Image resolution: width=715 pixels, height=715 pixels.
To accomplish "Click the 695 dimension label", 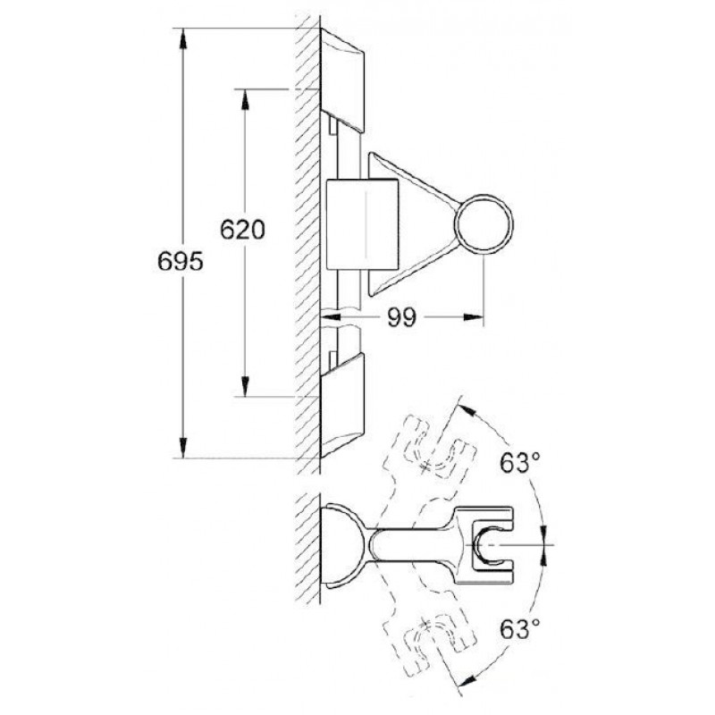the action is (181, 262).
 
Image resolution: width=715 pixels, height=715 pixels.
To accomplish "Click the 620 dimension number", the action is (242, 230).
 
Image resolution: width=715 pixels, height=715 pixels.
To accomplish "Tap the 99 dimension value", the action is (401, 317).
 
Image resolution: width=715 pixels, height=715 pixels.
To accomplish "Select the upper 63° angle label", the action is (520, 463).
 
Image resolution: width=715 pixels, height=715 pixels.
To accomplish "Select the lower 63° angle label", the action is (520, 629).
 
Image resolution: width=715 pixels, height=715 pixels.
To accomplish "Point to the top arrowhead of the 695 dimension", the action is (183, 38).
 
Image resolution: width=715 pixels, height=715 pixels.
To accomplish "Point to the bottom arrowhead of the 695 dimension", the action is (183, 448).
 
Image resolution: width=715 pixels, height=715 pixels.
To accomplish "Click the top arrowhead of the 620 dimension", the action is (245, 99).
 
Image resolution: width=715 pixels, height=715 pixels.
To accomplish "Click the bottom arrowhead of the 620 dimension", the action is (245, 387).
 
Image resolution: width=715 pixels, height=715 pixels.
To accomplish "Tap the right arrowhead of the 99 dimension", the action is (473, 317).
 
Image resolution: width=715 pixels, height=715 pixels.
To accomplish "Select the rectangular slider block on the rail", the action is (363, 224).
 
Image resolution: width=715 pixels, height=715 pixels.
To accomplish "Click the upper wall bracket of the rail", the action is (342, 80).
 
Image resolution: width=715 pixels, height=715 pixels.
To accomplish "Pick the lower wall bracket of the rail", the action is (342, 405).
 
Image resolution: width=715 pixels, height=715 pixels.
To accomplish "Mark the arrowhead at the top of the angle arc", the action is (467, 409).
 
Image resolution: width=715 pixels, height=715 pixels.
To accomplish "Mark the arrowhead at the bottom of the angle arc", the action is (467, 680).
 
